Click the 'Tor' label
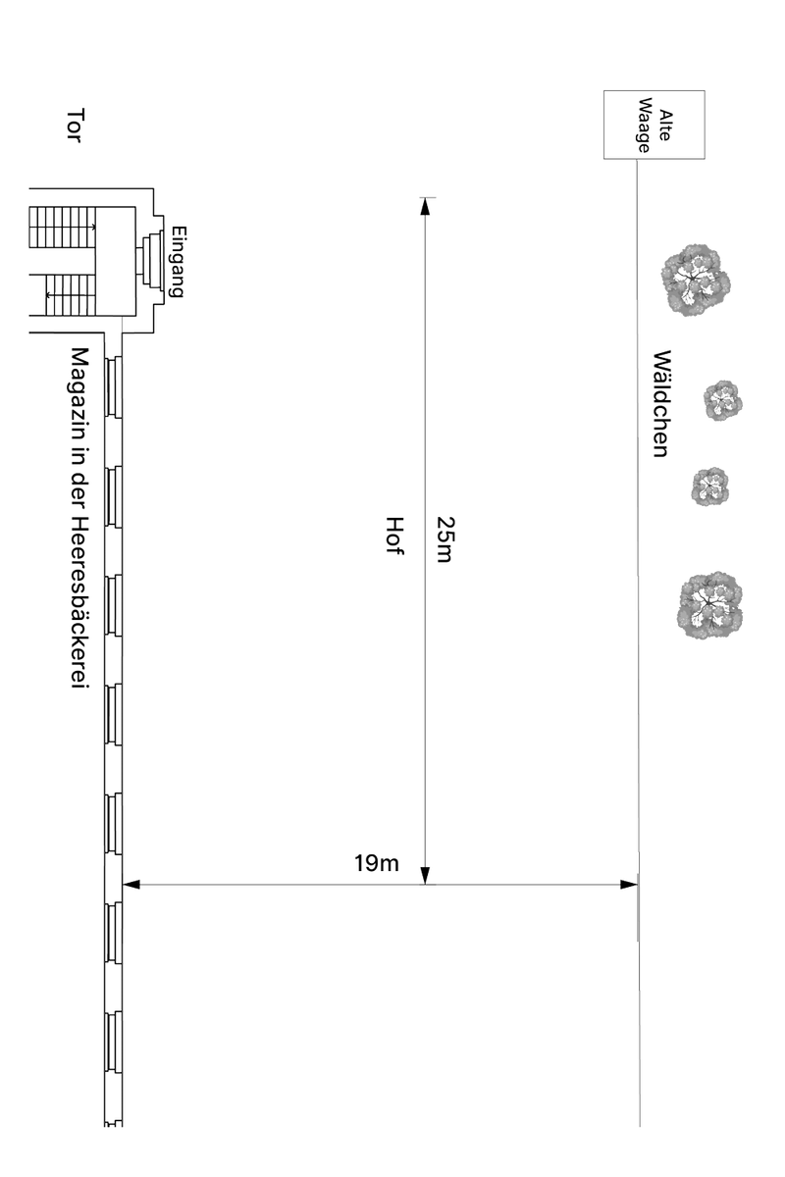(76, 126)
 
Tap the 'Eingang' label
(179, 262)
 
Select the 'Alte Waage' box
(654, 125)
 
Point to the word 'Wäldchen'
(661, 403)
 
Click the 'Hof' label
(394, 536)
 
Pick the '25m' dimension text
(445, 539)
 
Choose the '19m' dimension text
(377, 863)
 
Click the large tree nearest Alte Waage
(696, 281)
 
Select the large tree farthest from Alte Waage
(710, 605)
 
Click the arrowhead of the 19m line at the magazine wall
(131, 885)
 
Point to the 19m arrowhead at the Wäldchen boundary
(629, 885)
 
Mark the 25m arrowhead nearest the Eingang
(425, 207)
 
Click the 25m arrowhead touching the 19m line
(425, 875)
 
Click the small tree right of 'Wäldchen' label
(723, 401)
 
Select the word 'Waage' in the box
(644, 126)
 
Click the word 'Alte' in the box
(665, 126)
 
